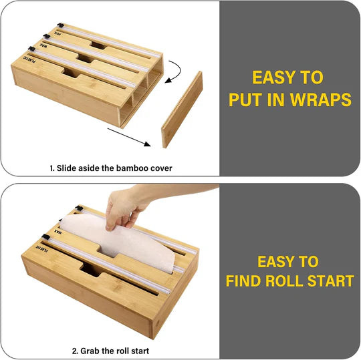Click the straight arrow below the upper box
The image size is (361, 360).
[129, 137]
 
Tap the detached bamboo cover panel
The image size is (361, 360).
[182, 110]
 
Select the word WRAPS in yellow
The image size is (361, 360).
[320, 100]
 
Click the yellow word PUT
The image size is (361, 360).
[246, 100]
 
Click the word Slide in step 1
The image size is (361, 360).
[67, 168]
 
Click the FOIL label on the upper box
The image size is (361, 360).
[57, 33]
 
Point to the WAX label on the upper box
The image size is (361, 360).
[43, 45]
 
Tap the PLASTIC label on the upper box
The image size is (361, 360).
[29, 59]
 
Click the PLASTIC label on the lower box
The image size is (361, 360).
[42, 248]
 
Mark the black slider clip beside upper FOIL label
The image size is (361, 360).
[61, 25]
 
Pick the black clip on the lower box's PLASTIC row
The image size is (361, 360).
[45, 236]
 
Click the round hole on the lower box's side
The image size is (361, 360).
[158, 325]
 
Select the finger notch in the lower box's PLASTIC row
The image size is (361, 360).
[90, 270]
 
